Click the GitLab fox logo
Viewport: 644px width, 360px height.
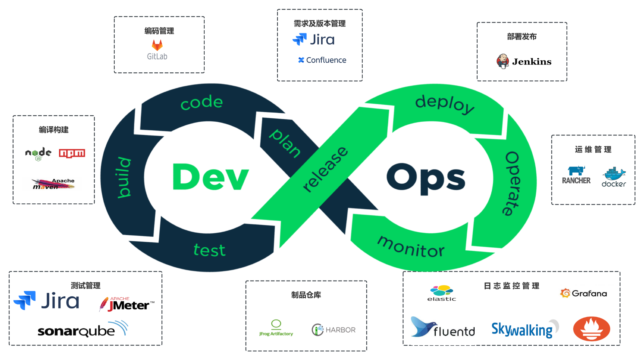157,45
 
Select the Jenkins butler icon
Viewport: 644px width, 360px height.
502,61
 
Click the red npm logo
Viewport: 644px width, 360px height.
72,153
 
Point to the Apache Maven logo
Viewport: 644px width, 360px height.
54,184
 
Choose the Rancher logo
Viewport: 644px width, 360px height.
576,175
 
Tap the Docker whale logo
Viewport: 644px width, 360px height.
614,177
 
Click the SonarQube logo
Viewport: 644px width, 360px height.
83,329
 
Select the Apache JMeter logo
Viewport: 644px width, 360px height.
127,304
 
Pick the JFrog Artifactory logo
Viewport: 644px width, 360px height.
276,328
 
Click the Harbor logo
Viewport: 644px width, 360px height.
333,330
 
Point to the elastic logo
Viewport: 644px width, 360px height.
442,293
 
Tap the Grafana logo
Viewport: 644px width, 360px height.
583,293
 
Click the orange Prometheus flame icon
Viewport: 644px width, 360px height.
592,328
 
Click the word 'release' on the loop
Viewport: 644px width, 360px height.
325,169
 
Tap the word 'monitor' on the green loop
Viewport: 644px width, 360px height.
411,247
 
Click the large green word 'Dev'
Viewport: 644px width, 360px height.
211,177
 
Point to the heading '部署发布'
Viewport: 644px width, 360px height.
522,37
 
